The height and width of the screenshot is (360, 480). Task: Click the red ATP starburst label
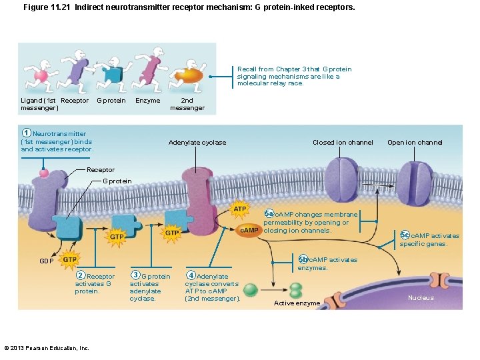[x=239, y=209]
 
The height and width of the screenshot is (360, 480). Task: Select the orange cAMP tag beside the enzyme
[x=249, y=230]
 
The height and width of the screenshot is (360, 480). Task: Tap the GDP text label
[x=46, y=261]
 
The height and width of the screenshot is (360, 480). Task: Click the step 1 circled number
[x=26, y=133]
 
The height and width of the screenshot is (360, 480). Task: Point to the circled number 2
[x=80, y=276]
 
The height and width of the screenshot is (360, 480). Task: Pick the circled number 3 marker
[x=135, y=275]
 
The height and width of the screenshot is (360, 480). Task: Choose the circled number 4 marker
[x=191, y=275]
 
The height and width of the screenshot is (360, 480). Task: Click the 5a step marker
[x=269, y=213]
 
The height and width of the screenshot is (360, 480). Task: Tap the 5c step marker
[x=405, y=235]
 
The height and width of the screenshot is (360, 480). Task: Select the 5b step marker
[x=303, y=259]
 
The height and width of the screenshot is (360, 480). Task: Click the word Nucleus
[x=421, y=298]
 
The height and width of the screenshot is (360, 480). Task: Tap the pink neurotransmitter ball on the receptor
[x=44, y=173]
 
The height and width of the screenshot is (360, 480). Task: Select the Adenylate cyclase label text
[x=197, y=143]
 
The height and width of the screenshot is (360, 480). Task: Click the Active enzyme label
[x=297, y=303]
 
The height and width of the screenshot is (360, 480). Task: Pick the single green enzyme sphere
[x=251, y=289]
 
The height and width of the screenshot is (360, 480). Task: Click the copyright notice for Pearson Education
[x=47, y=348]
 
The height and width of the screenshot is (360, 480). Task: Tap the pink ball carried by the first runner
[x=41, y=76]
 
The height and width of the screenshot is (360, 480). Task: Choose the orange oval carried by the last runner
[x=190, y=75]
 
